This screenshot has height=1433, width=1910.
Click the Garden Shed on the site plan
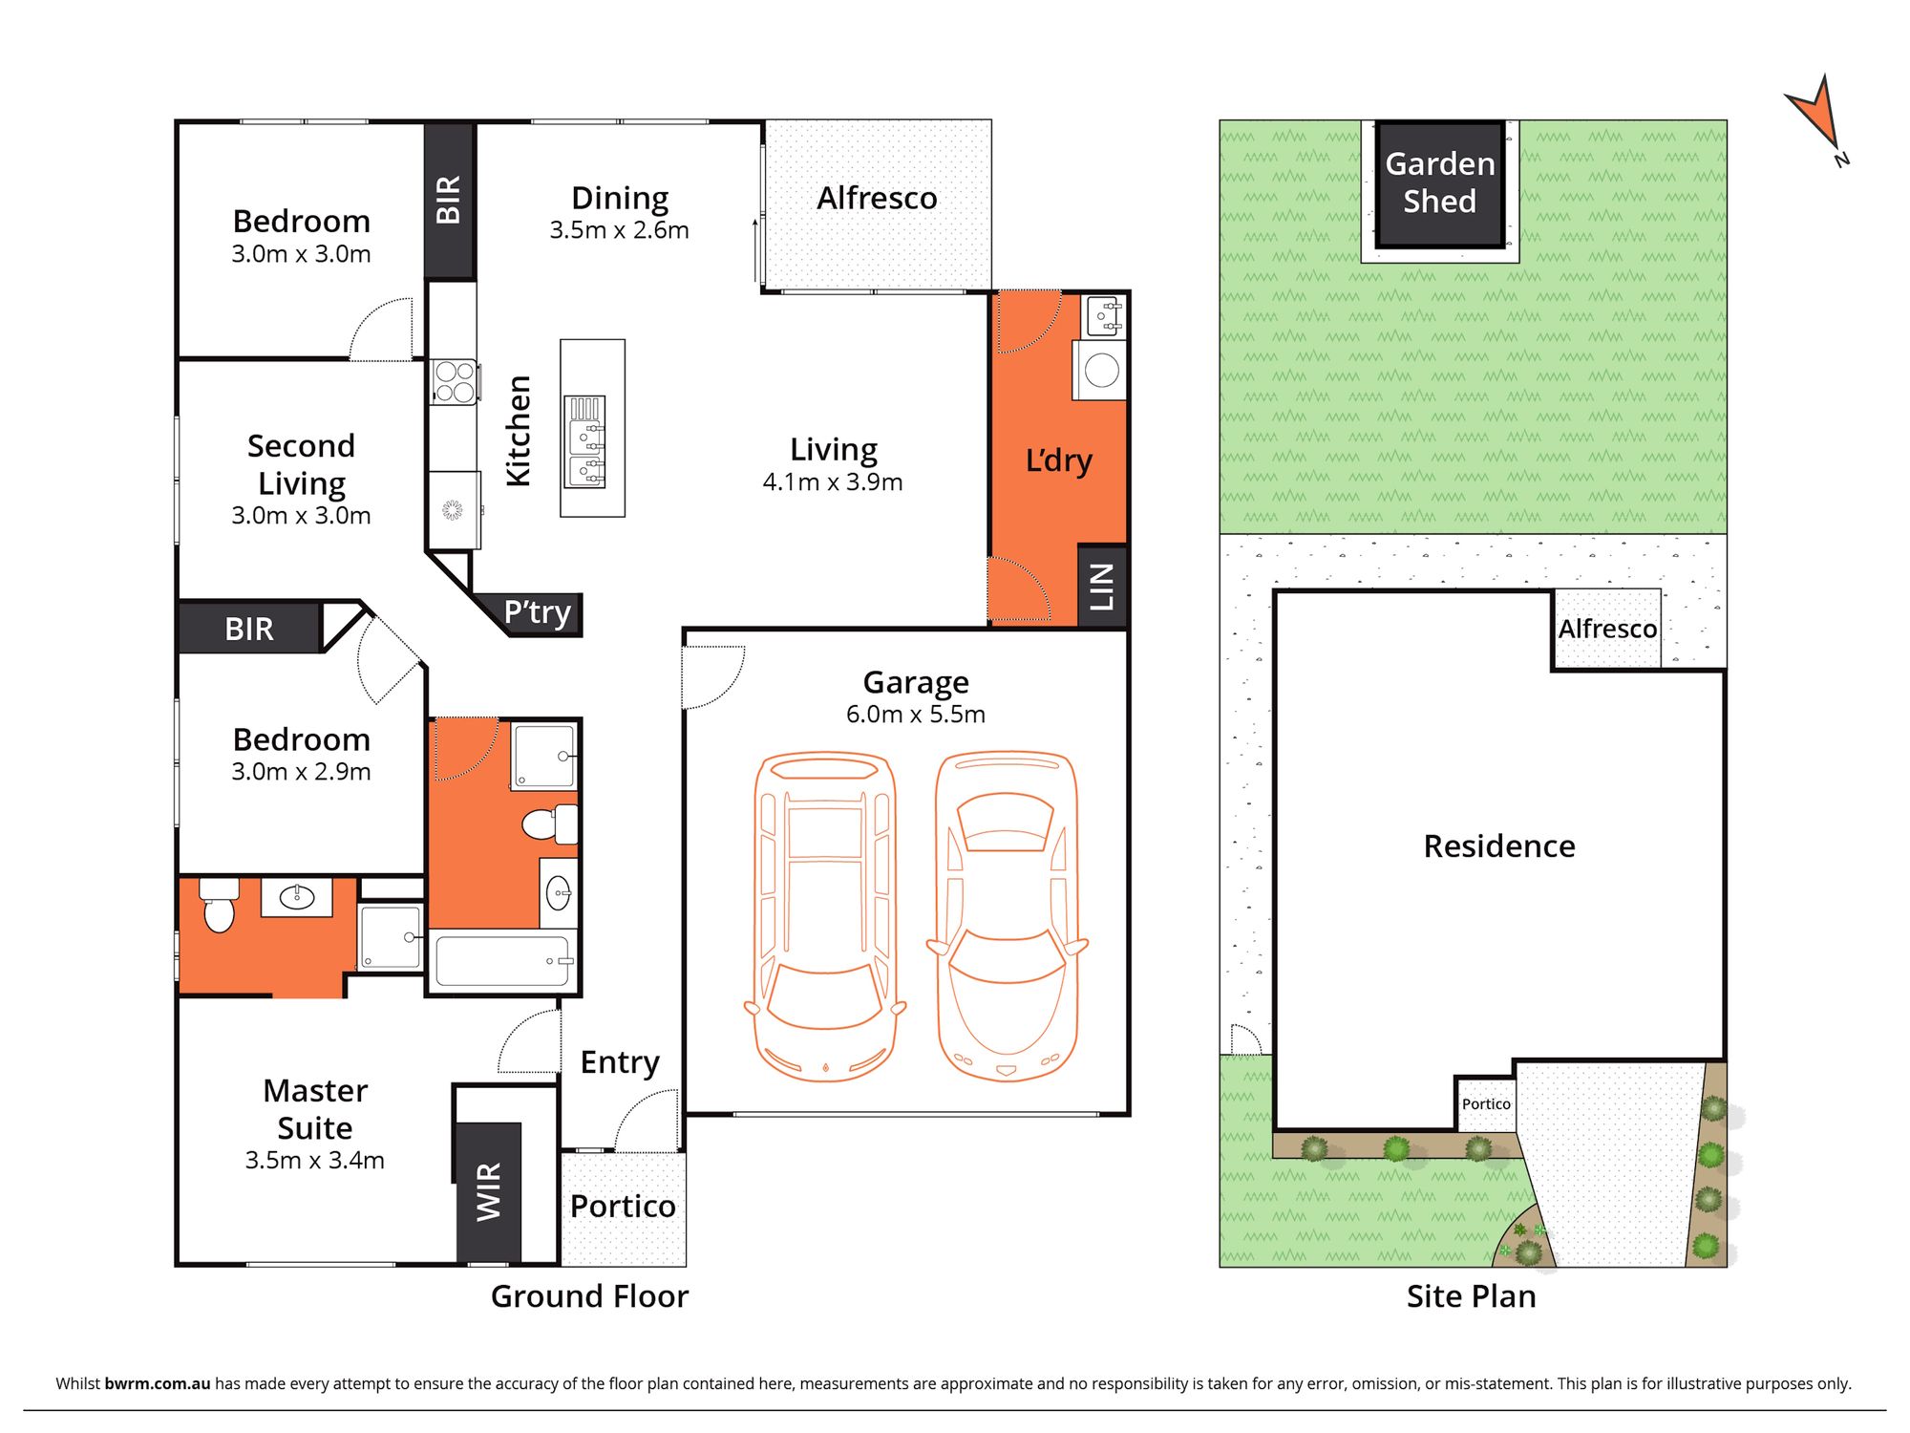1440,183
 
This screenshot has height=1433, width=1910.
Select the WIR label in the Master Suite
488,1191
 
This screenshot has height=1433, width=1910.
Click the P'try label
538,612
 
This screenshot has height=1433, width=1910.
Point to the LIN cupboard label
1102,587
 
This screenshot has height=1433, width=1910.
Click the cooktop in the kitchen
454,381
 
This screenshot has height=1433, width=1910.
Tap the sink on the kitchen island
585,441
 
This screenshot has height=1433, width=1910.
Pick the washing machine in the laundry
1100,370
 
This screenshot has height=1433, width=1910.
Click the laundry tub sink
1104,315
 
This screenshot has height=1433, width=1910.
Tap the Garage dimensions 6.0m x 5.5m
916,714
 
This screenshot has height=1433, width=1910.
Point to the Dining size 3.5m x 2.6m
619,230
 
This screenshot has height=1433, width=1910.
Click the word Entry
621,1063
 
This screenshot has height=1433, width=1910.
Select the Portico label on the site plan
1486,1103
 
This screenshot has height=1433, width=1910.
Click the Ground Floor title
589,1296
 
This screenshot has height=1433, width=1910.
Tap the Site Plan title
1472,1296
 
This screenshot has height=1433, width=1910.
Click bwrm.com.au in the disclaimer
158,1383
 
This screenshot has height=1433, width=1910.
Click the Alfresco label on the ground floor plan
877,198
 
